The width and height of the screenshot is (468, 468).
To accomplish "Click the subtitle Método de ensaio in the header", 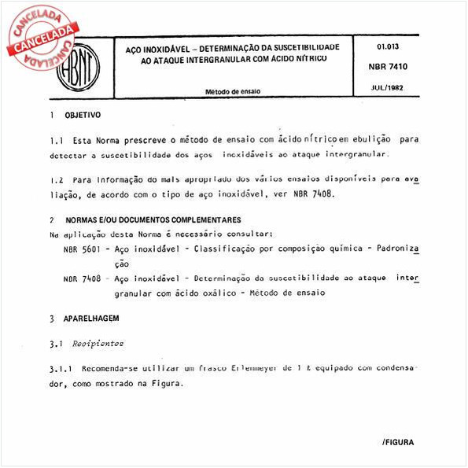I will (234, 91).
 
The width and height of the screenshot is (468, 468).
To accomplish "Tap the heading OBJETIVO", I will (83, 115).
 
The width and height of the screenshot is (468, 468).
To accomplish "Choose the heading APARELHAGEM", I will (92, 319).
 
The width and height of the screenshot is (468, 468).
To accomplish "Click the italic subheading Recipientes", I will (98, 344).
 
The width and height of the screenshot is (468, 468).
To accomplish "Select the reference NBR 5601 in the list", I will (81, 249).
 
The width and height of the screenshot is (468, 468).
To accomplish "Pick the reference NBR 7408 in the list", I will (81, 278).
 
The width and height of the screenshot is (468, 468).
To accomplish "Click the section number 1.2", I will (55, 179).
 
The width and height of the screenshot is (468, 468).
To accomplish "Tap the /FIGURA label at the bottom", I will (398, 443).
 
